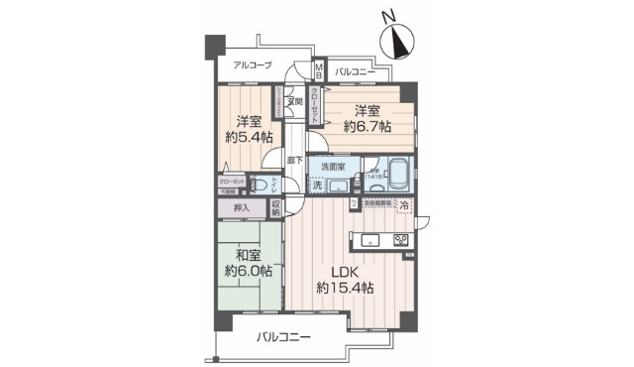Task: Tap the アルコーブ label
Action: pos(253,65)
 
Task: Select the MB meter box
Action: pos(320,70)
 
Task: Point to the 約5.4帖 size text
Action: pos(247,136)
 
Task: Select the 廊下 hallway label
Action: pos(294,159)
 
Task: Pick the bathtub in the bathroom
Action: pos(398,175)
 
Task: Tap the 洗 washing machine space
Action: pos(317,184)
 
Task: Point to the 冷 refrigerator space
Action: pos(404,205)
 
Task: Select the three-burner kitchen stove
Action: pos(400,240)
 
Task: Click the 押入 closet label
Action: pos(242,208)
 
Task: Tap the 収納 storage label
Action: pos(275,208)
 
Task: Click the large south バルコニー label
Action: pos(283,337)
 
